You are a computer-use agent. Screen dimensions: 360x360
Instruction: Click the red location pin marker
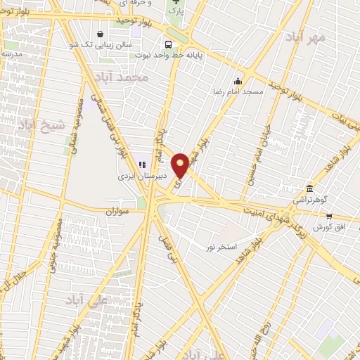180,165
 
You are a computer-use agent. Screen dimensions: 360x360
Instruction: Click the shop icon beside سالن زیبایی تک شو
101,33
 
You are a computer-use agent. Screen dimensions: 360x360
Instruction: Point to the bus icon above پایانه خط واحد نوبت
167,44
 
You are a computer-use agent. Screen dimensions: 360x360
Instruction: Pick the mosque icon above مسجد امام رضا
238,80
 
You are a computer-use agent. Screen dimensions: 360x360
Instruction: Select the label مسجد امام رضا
239,91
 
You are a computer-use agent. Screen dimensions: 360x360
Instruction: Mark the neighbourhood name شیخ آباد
39,125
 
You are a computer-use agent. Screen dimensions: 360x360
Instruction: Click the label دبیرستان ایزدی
142,179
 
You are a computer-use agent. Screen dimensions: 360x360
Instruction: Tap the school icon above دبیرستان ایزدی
143,165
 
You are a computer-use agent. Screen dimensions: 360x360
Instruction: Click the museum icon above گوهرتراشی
310,188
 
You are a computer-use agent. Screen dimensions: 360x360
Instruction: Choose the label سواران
120,211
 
